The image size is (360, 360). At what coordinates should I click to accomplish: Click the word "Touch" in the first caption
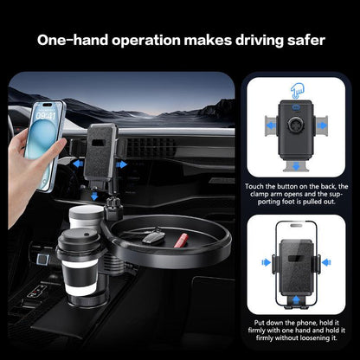click(257, 187)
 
